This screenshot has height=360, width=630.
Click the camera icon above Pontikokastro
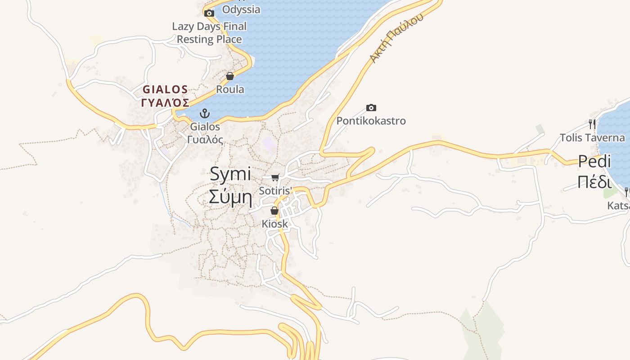click(371, 108)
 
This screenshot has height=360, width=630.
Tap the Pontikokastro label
click(371, 121)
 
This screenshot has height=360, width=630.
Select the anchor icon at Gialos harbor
click(205, 113)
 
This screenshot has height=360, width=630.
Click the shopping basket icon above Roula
click(230, 76)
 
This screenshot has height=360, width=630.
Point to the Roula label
click(230, 89)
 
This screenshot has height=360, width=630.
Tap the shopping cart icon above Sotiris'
click(275, 177)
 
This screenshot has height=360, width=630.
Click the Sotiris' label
click(275, 190)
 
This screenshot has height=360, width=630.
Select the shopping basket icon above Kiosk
click(274, 211)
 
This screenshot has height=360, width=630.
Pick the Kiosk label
click(274, 224)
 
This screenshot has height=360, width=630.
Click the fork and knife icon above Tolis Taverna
click(592, 124)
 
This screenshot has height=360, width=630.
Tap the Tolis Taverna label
click(592, 138)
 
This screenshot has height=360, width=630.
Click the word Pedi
click(594, 161)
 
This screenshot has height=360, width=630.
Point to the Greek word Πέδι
click(594, 182)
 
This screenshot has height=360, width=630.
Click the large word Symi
click(230, 175)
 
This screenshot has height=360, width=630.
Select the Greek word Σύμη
click(230, 197)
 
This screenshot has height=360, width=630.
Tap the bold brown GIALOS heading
click(165, 89)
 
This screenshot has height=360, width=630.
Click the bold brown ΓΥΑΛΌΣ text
click(165, 103)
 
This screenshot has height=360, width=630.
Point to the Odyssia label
click(241, 9)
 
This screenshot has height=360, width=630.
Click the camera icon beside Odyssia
click(209, 13)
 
